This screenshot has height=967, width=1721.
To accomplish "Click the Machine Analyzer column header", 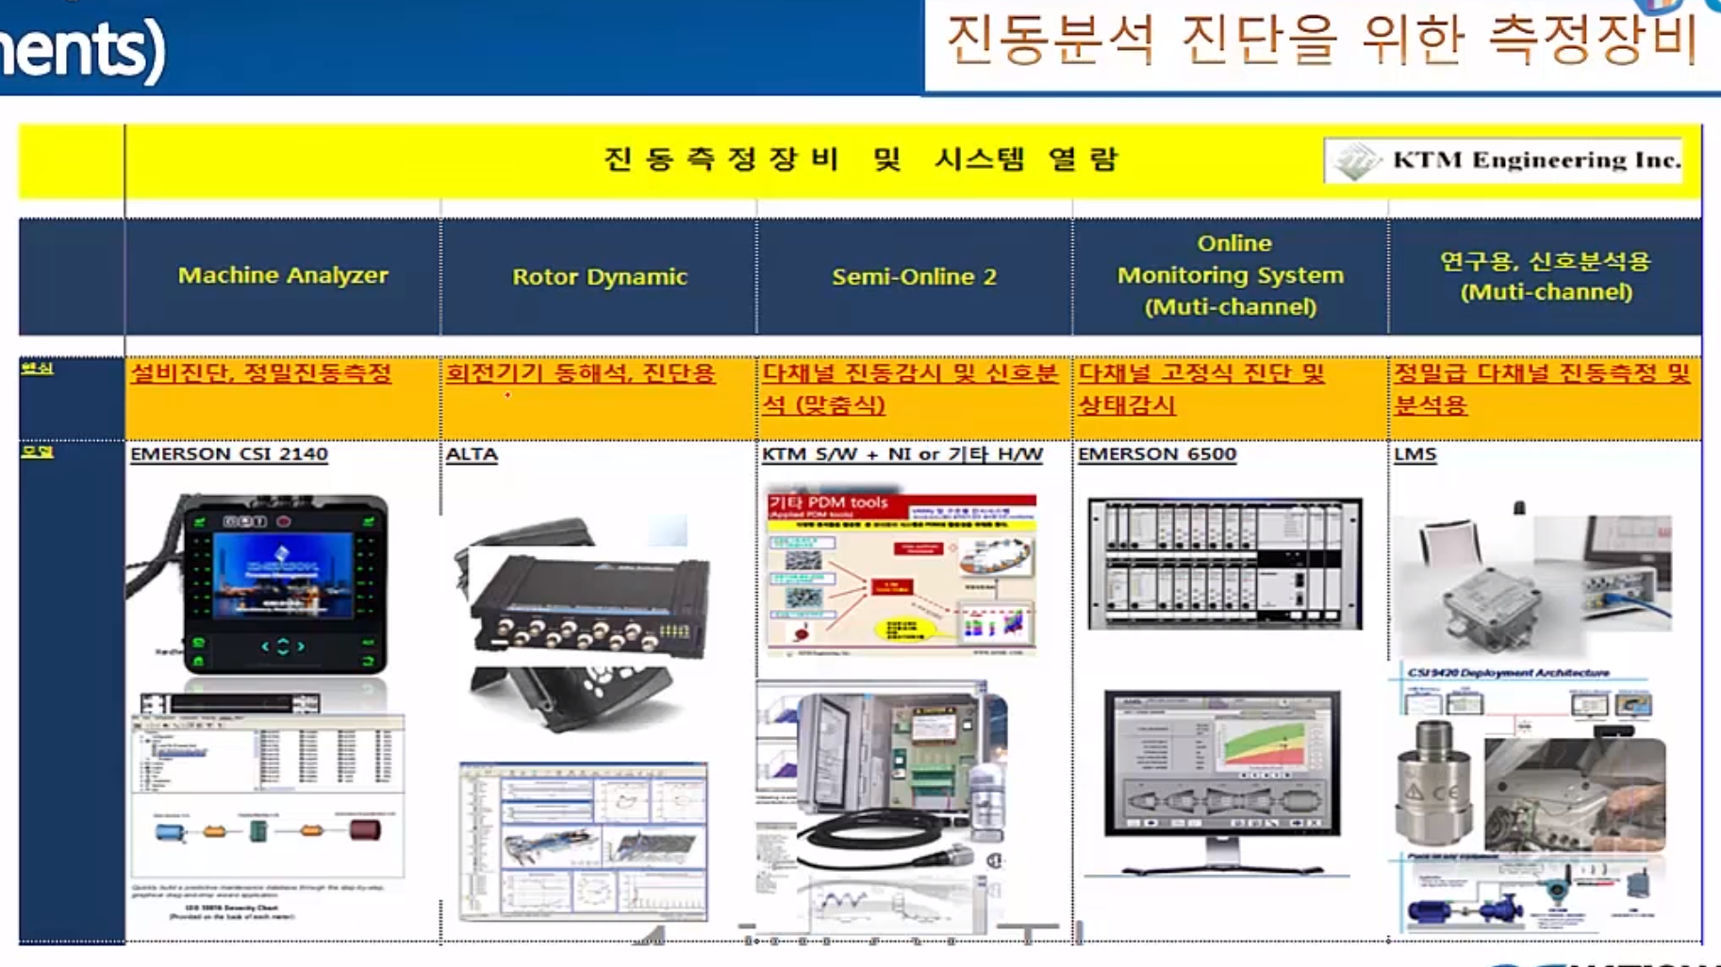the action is pos(283,275).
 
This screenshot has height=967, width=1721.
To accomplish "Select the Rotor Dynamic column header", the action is pos(599,277).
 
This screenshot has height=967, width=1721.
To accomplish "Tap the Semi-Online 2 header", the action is pos(914,277).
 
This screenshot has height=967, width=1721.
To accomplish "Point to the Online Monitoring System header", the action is pos(1231,275).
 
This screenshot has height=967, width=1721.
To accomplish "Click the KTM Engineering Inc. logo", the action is pos(1504,160).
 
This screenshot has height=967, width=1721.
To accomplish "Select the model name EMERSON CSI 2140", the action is pos(229,454).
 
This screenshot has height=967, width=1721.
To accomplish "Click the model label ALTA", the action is pos(472,454).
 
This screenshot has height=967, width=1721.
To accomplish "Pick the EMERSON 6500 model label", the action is pos(1157,454).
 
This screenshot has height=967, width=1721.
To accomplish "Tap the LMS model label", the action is pos(1415,454).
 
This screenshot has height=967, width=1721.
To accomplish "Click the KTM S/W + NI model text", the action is pos(902,454).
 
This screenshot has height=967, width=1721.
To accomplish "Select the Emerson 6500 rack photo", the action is pos(1224,564).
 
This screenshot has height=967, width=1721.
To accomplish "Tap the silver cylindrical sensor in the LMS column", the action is pos(1432,782).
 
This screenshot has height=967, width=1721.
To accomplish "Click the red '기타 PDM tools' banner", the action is pos(830,504).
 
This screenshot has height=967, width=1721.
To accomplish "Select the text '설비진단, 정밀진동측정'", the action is pos(260,374).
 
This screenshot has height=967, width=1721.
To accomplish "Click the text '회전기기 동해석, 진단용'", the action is pos(580,374).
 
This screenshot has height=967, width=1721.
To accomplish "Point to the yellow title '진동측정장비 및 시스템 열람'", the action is pos(860,159).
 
